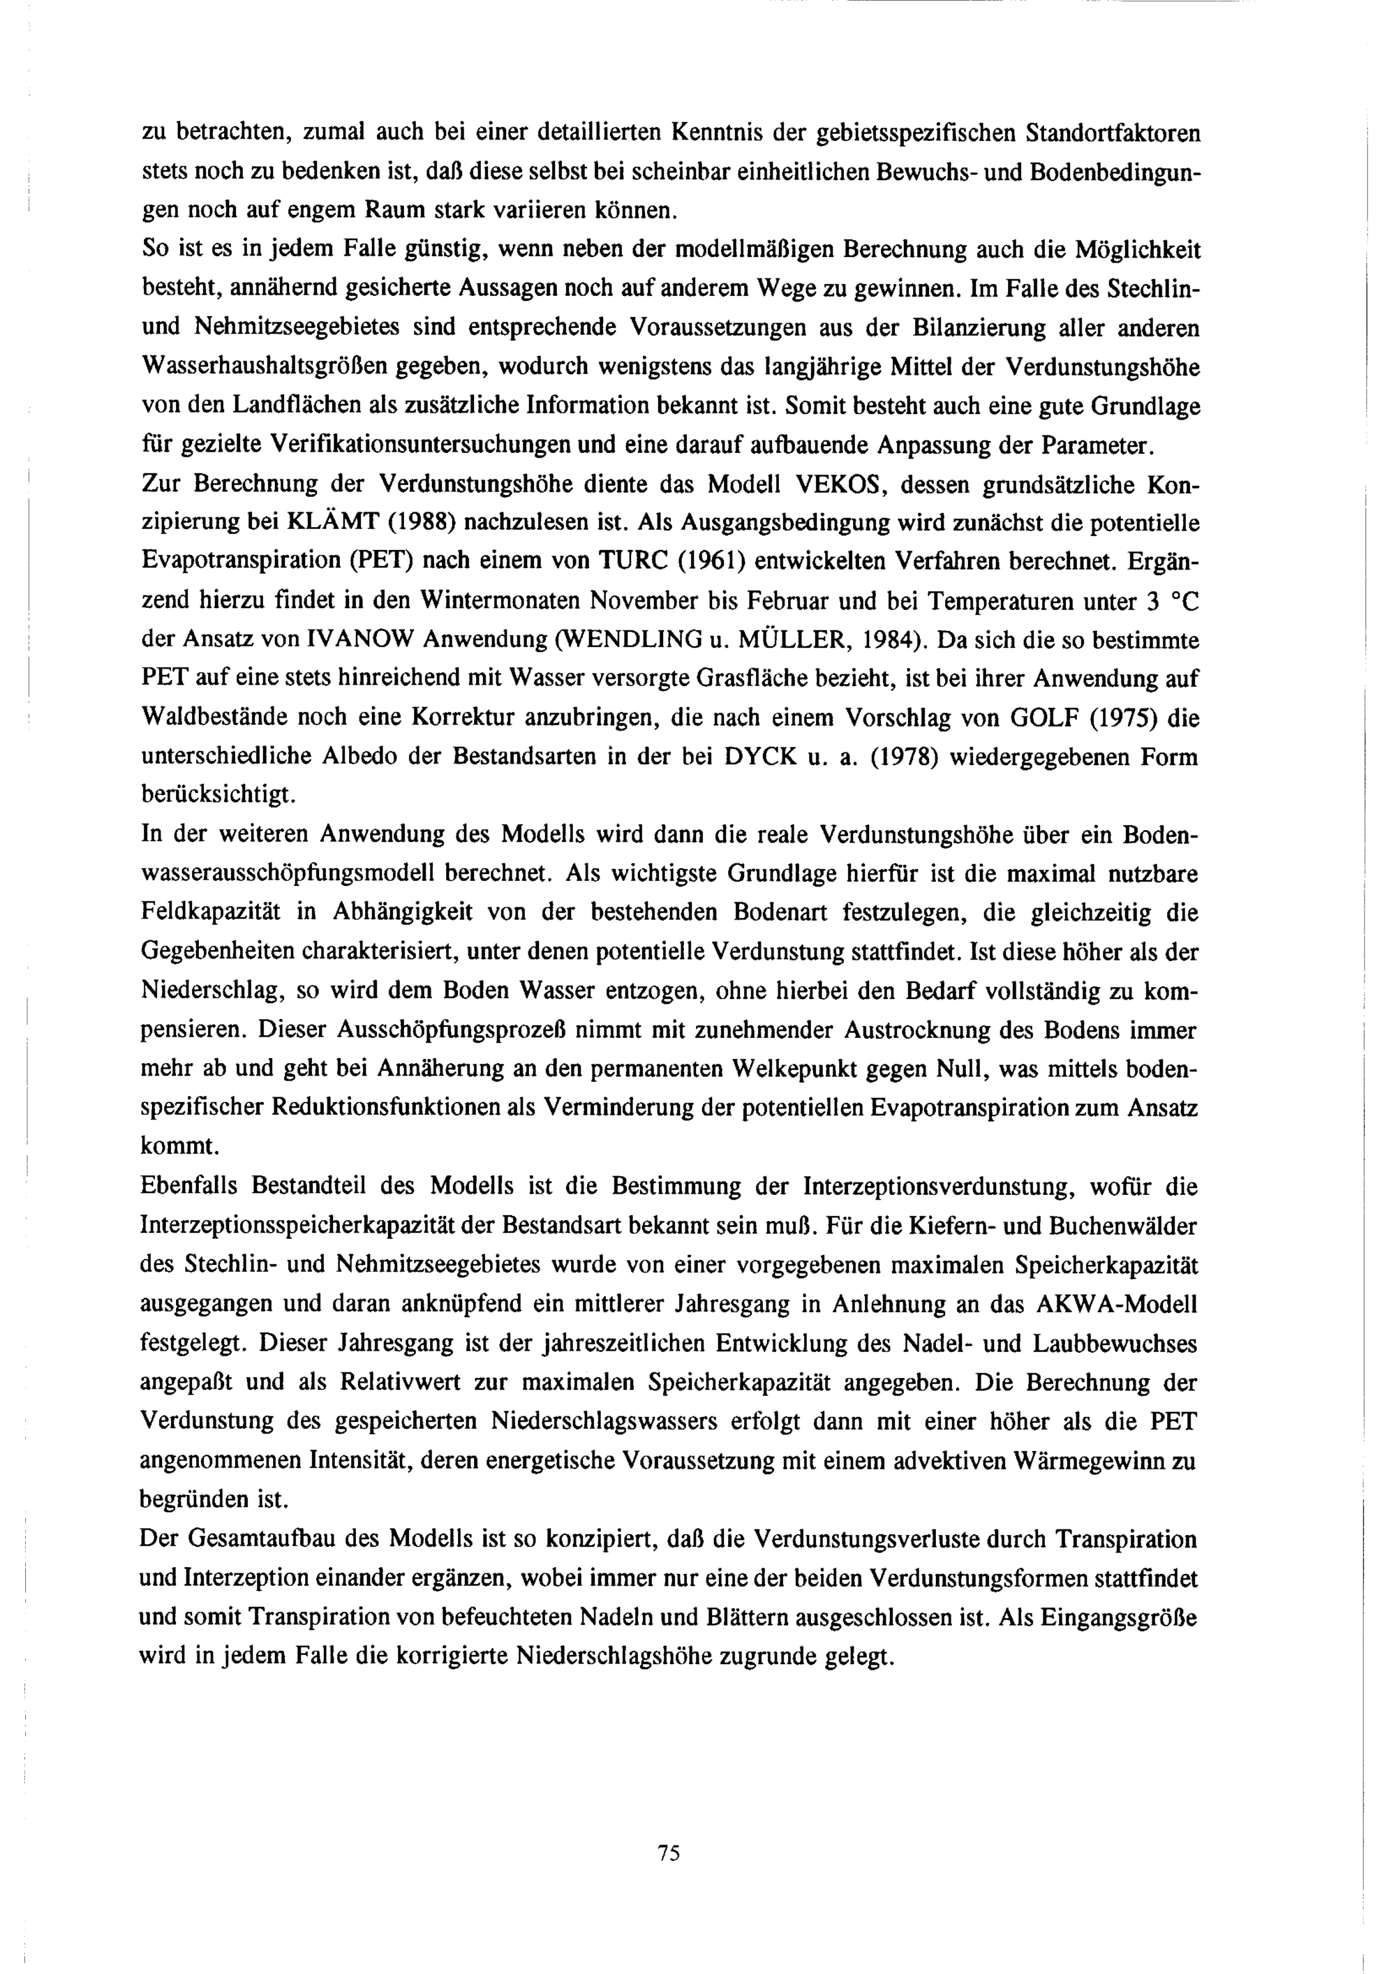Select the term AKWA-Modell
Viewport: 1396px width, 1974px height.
coord(1117,1305)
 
